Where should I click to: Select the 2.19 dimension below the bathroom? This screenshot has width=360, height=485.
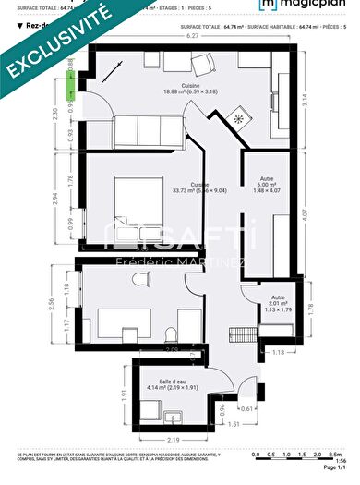point(173,442)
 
